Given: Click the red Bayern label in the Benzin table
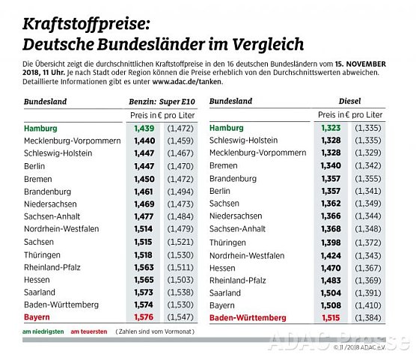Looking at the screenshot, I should click(38, 317).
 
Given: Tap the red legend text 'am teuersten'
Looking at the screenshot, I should click(89, 332).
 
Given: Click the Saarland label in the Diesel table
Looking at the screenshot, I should click(227, 293).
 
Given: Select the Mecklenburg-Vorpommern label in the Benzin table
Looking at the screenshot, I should click(72, 141).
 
